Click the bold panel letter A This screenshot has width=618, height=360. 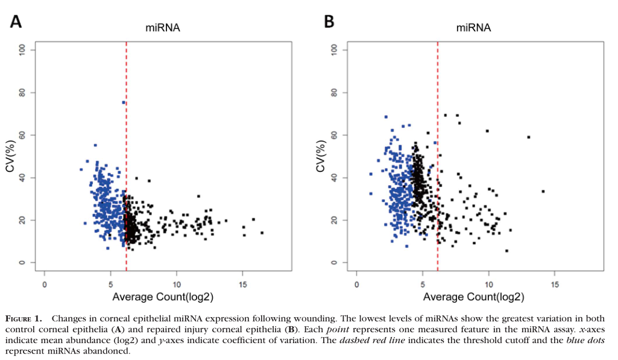coord(16,22)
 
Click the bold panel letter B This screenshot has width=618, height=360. coord(329,22)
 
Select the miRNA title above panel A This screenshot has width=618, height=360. coord(162,28)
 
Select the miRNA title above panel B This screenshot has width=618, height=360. coord(473,28)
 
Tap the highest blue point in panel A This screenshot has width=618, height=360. coord(124,103)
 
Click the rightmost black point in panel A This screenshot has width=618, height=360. coord(262,233)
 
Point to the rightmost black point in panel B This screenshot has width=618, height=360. coord(543,191)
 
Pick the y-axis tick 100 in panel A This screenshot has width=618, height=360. coord(23,49)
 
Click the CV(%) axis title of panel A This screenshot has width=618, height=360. coord(10,156)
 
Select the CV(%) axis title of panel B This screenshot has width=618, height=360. coord(321,156)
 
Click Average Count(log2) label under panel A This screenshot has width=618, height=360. coord(162,297)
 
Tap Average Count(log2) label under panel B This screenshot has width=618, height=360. coord(473,297)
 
